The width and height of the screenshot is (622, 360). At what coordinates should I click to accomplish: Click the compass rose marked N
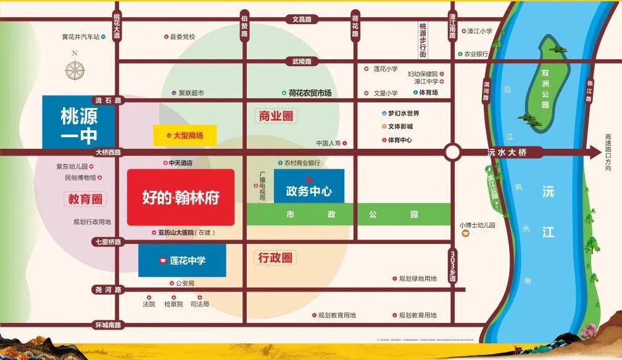click(75, 70)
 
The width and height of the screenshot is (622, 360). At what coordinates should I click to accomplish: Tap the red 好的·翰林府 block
click(181, 198)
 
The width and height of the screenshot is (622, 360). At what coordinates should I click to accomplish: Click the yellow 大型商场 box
click(185, 135)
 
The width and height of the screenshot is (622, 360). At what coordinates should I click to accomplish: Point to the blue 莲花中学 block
click(182, 261)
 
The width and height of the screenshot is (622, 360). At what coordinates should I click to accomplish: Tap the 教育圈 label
click(85, 199)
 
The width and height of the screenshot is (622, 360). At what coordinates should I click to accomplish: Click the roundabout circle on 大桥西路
click(453, 153)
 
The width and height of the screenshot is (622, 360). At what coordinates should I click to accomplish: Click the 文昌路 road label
click(302, 19)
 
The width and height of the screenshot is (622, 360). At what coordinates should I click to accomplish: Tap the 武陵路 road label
click(302, 61)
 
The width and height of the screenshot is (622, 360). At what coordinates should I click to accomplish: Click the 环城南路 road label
click(108, 324)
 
